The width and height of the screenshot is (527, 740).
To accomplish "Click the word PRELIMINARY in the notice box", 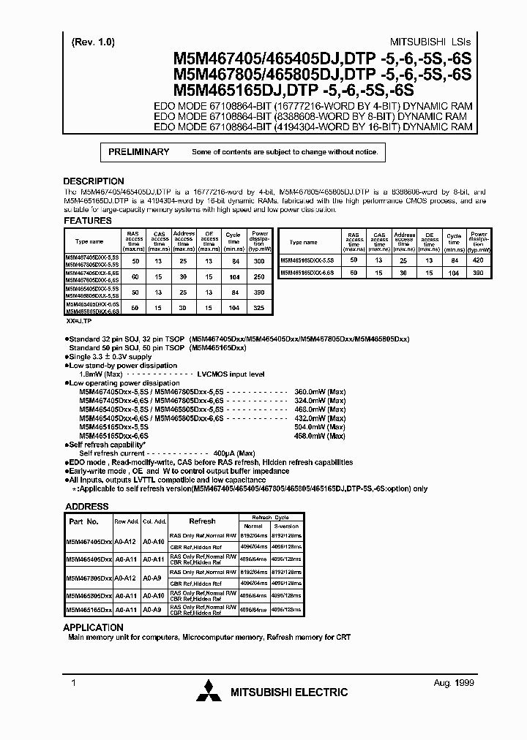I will point(139,152).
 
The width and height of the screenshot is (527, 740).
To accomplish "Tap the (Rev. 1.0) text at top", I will point(94,42).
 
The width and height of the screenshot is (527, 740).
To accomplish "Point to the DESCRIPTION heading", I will point(94,181).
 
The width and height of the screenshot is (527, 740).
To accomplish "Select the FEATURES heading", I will point(88,220).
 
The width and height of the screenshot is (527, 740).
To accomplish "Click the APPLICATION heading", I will point(93,627).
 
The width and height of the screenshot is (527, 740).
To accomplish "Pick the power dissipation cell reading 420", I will point(479,260).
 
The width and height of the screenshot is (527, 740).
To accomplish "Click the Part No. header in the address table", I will point(83,521).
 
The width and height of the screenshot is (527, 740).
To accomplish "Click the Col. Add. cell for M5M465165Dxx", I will point(152,609).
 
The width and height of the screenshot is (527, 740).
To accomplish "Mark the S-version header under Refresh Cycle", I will point(286,526).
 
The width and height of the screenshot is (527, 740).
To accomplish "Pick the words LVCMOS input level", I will point(235,374).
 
